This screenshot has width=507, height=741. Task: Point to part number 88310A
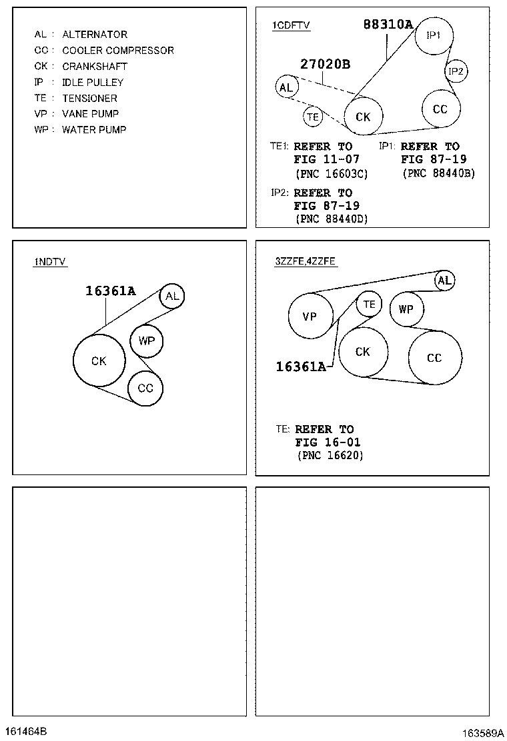click(x=388, y=24)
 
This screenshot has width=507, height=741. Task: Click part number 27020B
click(x=326, y=64)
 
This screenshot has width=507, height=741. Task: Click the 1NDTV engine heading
click(x=49, y=261)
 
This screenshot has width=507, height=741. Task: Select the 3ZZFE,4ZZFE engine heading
click(x=306, y=261)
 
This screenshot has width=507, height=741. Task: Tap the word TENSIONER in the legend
click(x=89, y=99)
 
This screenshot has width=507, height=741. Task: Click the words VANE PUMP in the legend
click(x=90, y=114)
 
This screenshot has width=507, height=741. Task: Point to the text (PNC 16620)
click(x=330, y=455)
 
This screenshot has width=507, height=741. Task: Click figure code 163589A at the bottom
click(x=482, y=733)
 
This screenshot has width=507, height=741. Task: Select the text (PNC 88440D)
click(x=332, y=219)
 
